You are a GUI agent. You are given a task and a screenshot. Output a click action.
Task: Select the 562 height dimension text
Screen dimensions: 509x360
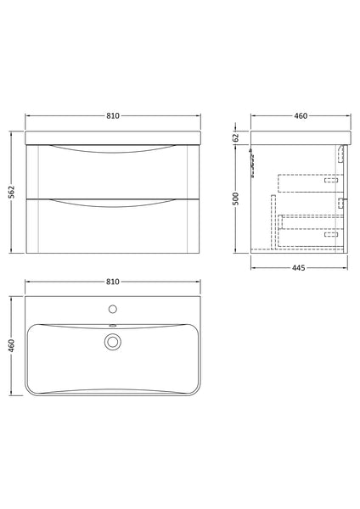[x=12, y=193]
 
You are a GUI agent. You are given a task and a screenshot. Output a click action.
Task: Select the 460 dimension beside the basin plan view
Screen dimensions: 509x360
[x=12, y=348]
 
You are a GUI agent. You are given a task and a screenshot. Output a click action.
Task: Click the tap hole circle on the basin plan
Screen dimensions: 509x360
[x=113, y=308]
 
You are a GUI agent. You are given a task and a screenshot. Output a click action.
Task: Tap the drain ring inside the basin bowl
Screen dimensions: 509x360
[x=113, y=342]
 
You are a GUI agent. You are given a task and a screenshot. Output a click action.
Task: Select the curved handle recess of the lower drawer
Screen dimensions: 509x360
[x=113, y=202]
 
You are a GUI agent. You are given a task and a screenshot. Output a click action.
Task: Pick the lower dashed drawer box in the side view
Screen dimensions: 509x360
[x=311, y=230]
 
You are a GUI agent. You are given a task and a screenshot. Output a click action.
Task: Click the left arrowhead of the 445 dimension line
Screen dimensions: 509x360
[x=254, y=263]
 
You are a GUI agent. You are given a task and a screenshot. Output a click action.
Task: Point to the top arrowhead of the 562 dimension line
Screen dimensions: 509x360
[x=12, y=133]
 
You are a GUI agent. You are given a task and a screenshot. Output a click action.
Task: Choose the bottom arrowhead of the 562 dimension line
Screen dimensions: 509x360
[x=12, y=251]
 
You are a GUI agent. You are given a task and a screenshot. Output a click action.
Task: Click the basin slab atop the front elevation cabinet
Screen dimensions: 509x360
[x=113, y=138]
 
